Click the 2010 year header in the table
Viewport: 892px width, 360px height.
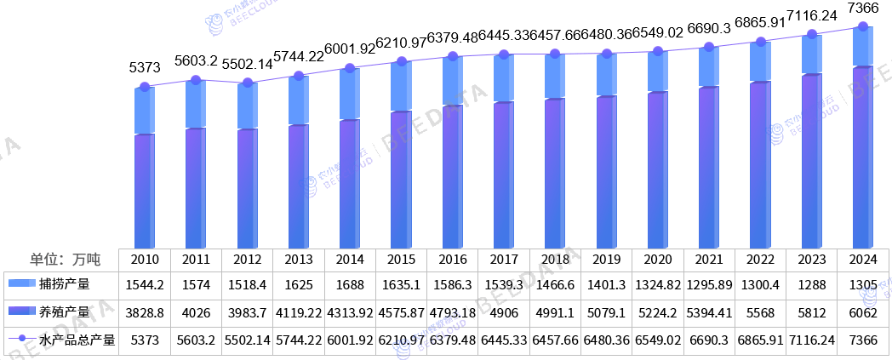[145, 259]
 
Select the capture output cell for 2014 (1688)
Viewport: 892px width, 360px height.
[350, 284]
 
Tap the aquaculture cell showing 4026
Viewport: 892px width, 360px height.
[196, 312]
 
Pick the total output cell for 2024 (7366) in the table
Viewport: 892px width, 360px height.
[864, 340]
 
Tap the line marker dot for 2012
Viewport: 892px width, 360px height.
[247, 83]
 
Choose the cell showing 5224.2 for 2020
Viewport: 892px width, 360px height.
[658, 312]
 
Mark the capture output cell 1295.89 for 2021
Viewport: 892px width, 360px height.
[709, 284]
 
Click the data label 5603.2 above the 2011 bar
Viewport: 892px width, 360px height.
[196, 60]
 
